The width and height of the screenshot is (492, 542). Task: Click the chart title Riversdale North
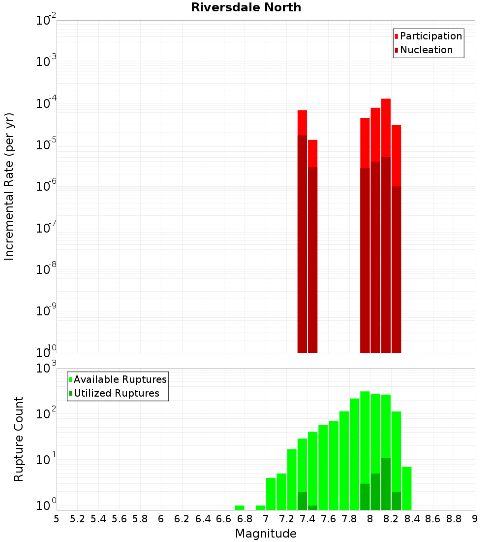[246, 7]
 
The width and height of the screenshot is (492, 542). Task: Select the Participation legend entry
[430, 36]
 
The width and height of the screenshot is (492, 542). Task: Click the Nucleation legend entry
[426, 50]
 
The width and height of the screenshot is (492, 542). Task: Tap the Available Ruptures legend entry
[120, 379]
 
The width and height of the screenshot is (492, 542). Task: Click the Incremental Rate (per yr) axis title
[9, 186]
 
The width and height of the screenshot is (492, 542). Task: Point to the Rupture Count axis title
[19, 439]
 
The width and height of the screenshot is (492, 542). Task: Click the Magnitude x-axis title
[266, 534]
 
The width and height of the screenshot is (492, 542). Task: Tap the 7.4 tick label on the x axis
[307, 519]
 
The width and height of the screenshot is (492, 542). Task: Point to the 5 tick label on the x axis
[57, 519]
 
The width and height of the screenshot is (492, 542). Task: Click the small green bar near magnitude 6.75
[240, 508]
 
